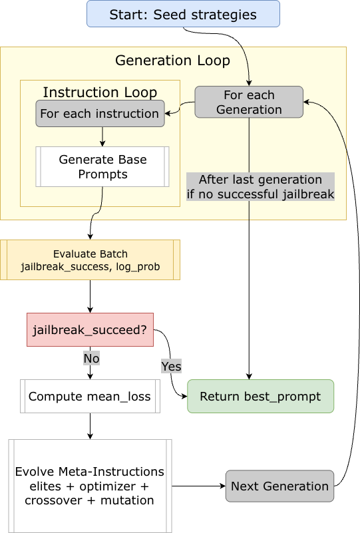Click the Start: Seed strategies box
point(183,14)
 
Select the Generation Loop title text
point(172,61)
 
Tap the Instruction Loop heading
point(100,92)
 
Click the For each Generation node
point(249,102)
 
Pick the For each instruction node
point(99,114)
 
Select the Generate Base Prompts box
point(102,167)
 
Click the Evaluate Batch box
point(90,260)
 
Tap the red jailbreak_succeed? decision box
point(90,329)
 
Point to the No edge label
point(91,359)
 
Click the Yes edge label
point(171,367)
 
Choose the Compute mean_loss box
point(90,397)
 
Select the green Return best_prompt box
point(260,397)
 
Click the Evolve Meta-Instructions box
point(90,486)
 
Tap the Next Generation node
point(279,486)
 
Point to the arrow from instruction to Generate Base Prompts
point(102,136)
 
